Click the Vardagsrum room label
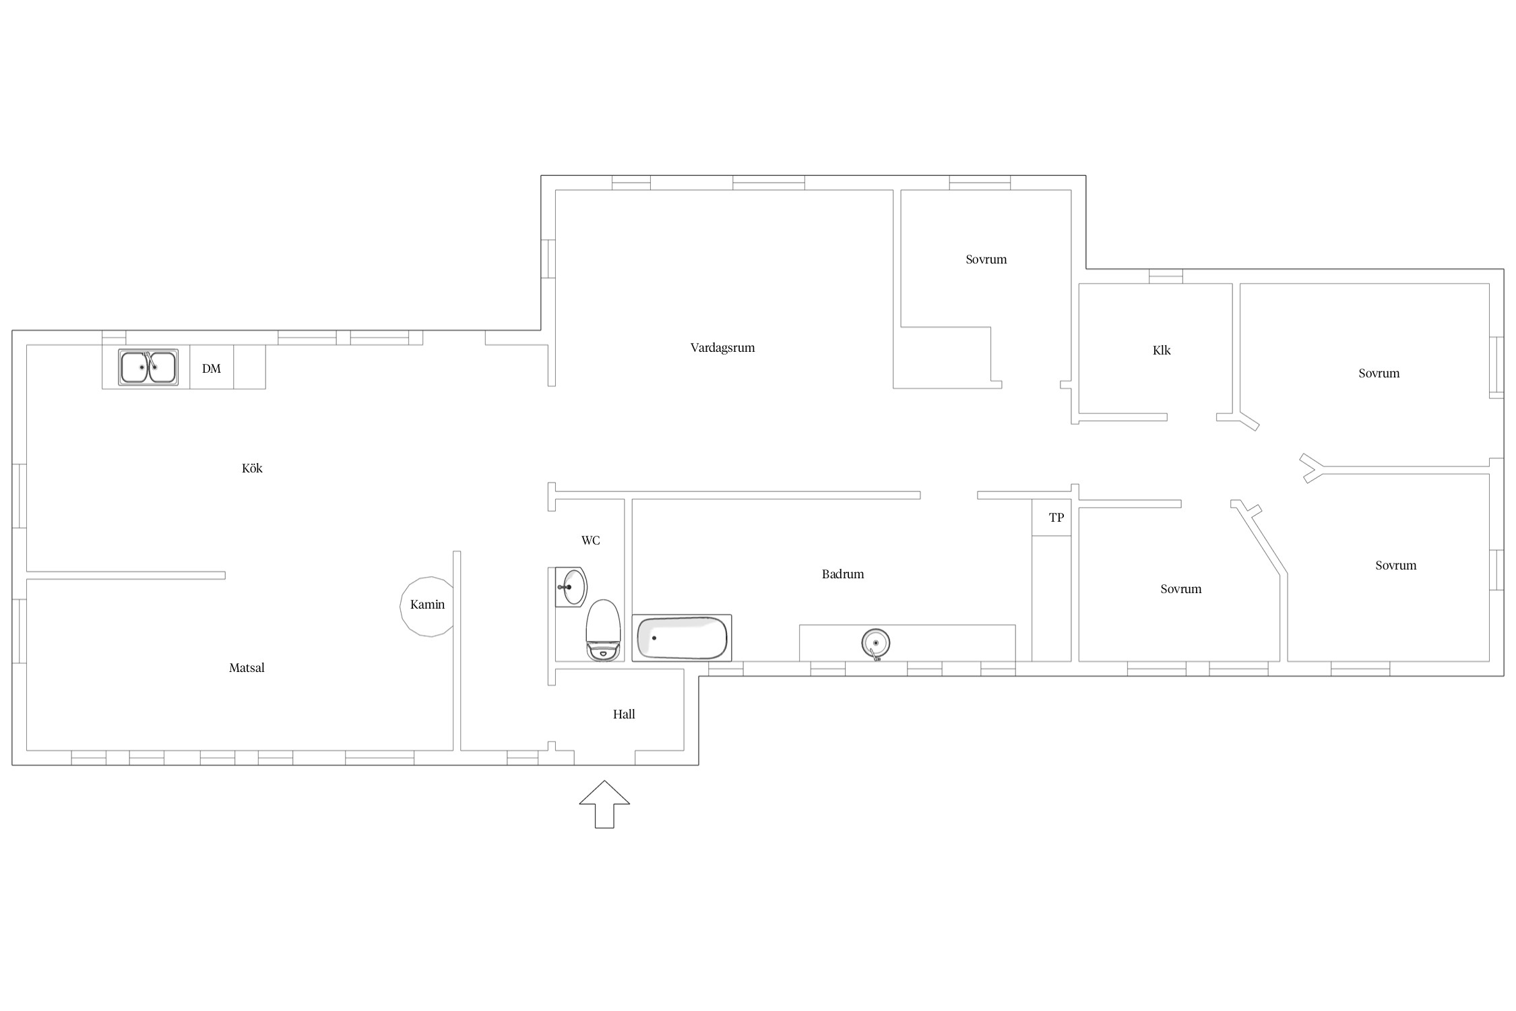click(x=722, y=348)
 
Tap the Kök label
click(x=252, y=468)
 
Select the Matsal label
click(x=247, y=668)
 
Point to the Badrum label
click(x=843, y=574)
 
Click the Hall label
click(x=624, y=714)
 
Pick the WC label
click(x=590, y=541)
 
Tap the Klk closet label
click(x=1162, y=350)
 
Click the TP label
click(x=1056, y=518)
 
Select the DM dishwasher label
click(x=212, y=369)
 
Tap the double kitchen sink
click(x=148, y=367)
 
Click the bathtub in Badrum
click(x=682, y=638)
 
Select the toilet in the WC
click(x=603, y=631)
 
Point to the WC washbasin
click(x=571, y=587)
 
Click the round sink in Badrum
click(x=875, y=643)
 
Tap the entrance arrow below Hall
click(x=604, y=804)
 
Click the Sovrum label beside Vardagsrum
click(x=986, y=259)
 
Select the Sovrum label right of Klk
click(x=1379, y=373)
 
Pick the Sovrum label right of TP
click(x=1180, y=589)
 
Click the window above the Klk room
click(x=1166, y=276)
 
